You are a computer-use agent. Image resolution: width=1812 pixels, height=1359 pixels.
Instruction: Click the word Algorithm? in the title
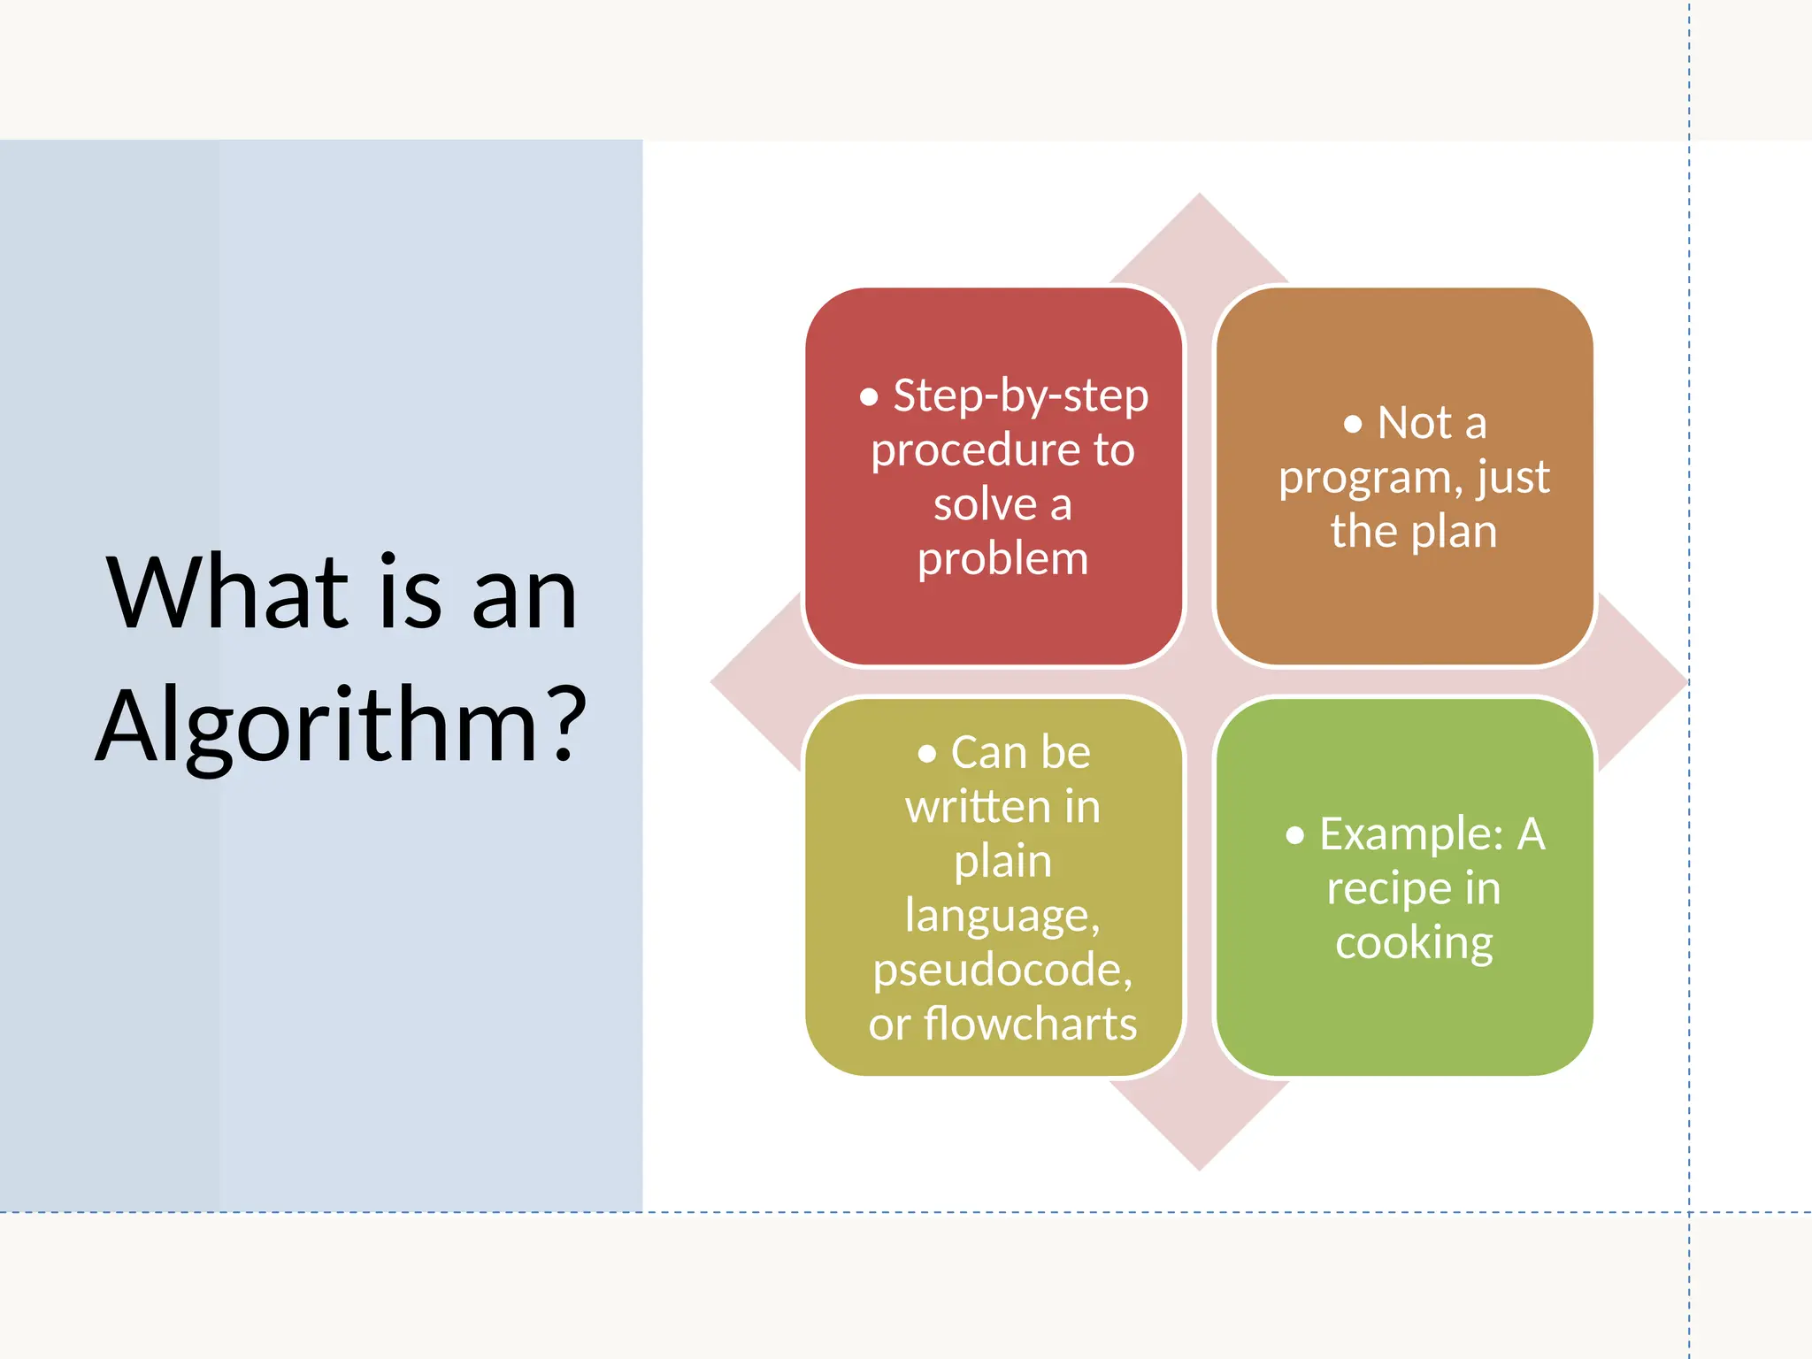click(341, 726)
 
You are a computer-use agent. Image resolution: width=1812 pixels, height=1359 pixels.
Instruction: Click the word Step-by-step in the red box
click(1020, 395)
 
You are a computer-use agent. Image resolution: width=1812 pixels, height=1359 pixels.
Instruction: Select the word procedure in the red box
click(968, 451)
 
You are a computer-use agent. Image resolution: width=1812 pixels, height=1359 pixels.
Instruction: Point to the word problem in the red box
click(1002, 559)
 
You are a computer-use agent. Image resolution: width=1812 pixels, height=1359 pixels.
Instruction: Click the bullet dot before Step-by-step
click(869, 397)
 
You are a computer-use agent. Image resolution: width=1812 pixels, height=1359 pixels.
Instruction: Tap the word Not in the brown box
click(1415, 423)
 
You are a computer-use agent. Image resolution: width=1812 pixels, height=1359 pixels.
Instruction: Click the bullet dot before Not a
click(1352, 425)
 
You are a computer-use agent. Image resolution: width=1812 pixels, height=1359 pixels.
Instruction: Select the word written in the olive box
click(971, 807)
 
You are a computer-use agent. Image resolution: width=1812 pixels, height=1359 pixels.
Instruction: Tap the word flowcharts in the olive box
click(1030, 1025)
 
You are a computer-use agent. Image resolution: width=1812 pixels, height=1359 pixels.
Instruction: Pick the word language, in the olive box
click(1002, 916)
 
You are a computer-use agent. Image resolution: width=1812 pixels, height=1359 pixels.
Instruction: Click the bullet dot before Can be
click(926, 754)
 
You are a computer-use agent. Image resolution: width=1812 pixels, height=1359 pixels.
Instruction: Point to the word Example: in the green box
click(1410, 834)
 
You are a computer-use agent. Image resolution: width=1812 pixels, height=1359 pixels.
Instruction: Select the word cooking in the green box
click(1414, 943)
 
